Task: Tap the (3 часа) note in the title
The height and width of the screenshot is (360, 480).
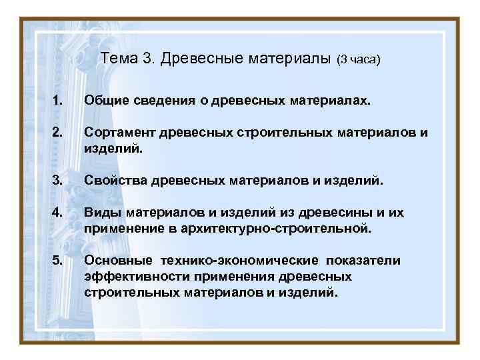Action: pyautogui.click(x=358, y=60)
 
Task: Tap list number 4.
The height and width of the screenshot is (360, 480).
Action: pyautogui.click(x=58, y=214)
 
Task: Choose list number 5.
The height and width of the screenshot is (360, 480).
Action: pyautogui.click(x=59, y=261)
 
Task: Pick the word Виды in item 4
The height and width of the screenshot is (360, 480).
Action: pyautogui.click(x=100, y=214)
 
